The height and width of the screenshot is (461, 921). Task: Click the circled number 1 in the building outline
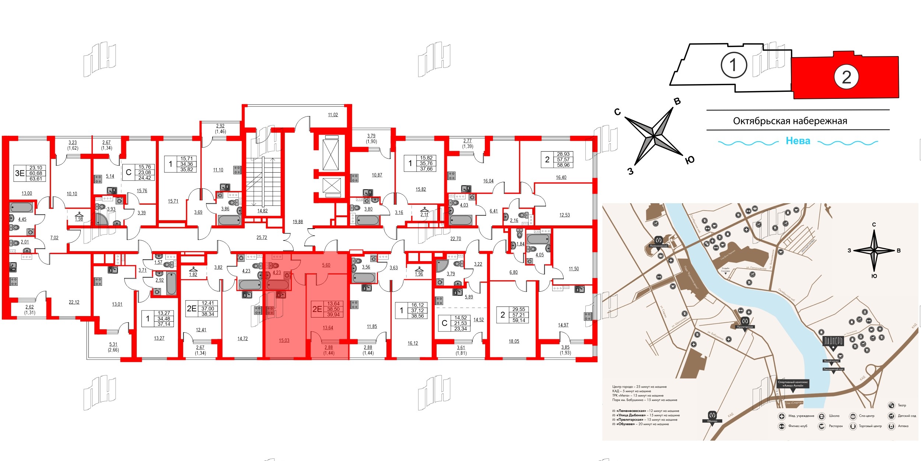click(733, 65)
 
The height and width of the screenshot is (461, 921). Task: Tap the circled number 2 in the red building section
click(846, 77)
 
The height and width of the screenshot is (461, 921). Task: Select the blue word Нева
click(798, 141)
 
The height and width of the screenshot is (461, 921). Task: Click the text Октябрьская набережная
click(790, 121)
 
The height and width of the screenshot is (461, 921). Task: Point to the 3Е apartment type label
click(19, 173)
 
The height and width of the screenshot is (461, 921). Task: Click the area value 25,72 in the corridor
click(262, 238)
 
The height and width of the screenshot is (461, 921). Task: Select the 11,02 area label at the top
click(333, 115)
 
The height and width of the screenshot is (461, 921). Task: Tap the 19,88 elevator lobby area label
click(298, 222)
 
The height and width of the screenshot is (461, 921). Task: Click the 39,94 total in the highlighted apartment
click(333, 315)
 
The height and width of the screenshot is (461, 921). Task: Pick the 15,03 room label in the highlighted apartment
click(284, 340)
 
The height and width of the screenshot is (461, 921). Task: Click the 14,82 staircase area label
click(262, 211)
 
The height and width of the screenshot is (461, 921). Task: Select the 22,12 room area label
click(74, 302)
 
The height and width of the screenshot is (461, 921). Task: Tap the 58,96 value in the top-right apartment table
click(563, 165)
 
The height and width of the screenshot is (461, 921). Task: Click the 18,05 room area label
click(514, 341)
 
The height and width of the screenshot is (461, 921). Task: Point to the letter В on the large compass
click(677, 101)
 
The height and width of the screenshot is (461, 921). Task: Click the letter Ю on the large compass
click(690, 160)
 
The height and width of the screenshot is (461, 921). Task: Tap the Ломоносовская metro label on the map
click(658, 246)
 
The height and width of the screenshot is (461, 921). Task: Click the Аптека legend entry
click(903, 426)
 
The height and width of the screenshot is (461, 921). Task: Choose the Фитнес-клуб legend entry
click(798, 426)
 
